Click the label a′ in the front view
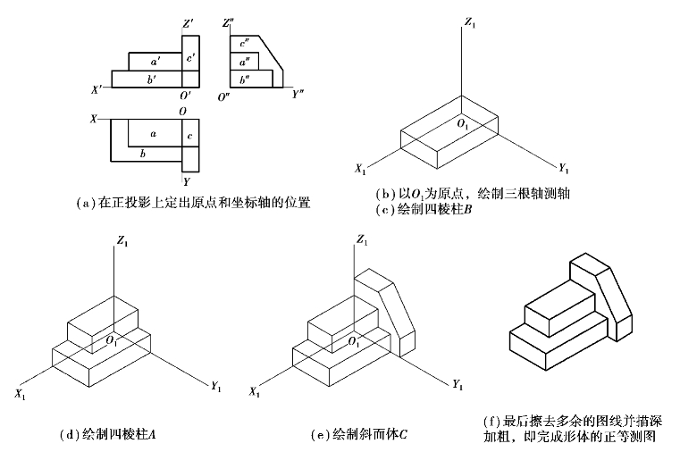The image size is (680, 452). (155, 62)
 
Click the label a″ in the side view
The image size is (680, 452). (242, 62)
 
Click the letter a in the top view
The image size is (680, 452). (154, 134)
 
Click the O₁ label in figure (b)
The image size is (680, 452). (463, 124)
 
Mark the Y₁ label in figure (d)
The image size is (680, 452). (216, 386)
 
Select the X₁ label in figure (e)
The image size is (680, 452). (256, 391)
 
